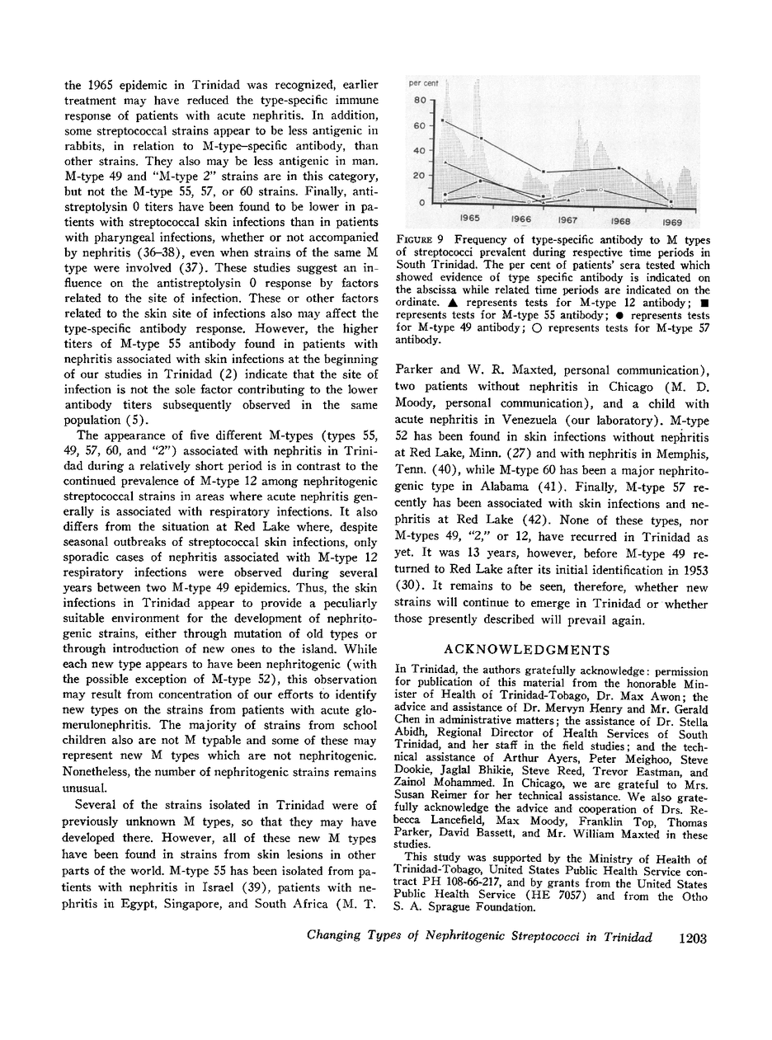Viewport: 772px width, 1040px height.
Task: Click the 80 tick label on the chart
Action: coord(418,101)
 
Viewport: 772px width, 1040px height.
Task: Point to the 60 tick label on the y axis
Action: coord(418,126)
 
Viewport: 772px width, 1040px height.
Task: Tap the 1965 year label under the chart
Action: coord(470,219)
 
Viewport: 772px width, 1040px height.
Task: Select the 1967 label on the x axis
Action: coord(567,220)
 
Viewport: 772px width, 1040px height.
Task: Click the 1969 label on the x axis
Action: coord(671,222)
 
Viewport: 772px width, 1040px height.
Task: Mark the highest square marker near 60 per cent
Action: coord(443,120)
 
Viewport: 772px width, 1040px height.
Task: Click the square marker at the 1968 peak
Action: coord(619,168)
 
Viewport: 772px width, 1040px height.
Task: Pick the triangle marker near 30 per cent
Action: coord(445,162)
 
